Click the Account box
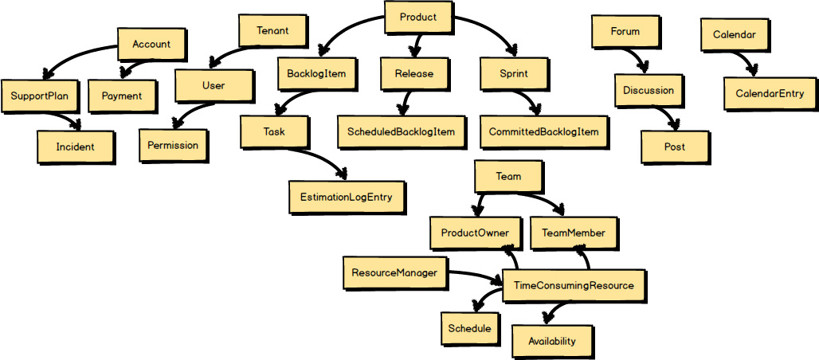click(151, 45)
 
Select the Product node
click(417, 18)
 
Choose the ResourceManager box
click(394, 273)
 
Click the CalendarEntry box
click(770, 94)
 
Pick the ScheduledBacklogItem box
click(401, 131)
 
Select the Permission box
click(173, 145)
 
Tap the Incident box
click(76, 147)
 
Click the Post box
click(674, 147)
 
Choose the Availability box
click(551, 341)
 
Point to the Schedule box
click(469, 328)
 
